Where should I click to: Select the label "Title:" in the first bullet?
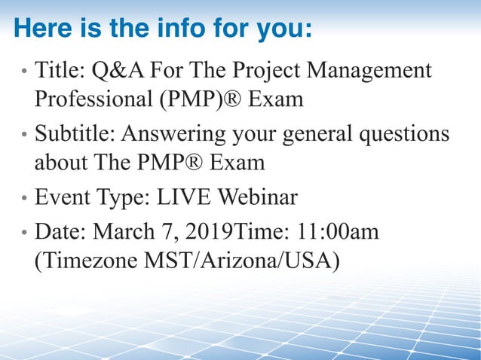59,72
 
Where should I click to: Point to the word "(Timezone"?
90,261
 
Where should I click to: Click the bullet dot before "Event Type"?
24,200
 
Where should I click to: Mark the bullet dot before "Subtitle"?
24,136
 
